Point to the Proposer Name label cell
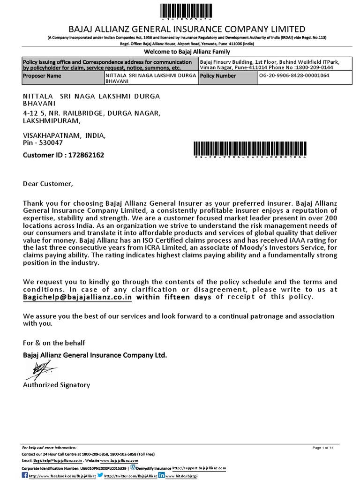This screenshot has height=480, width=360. point(42,75)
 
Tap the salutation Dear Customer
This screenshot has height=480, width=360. point(48,183)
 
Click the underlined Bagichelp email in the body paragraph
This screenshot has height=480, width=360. point(78,297)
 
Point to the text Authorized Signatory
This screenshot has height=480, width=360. point(57,385)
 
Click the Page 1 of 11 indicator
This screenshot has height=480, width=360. point(323,448)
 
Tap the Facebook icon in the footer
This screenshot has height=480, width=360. point(25,475)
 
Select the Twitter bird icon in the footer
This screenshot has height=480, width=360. point(100,475)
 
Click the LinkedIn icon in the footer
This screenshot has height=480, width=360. point(161,475)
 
